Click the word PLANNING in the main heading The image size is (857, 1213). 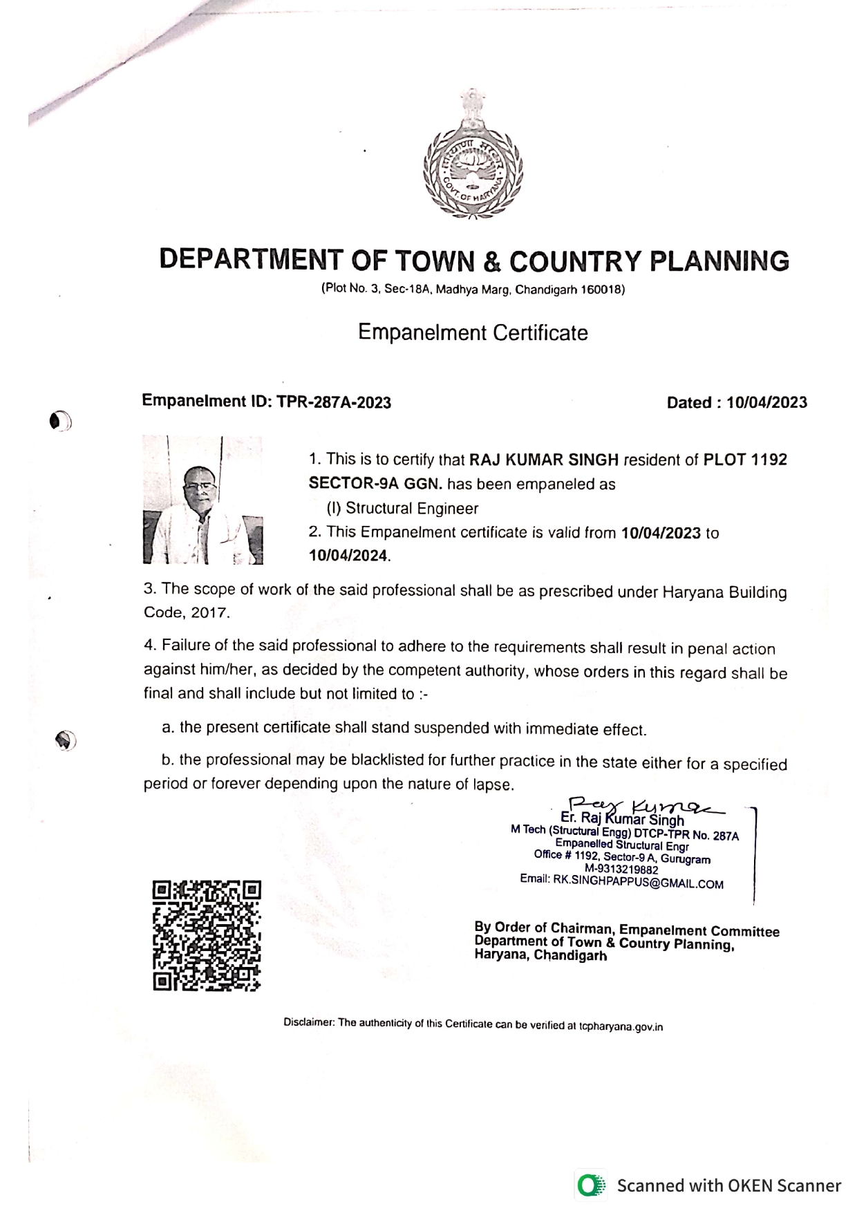[x=719, y=261]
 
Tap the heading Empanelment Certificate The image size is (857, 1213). [x=473, y=333]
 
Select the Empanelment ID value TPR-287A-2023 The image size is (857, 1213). [x=334, y=402]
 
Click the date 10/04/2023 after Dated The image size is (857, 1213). [x=766, y=403]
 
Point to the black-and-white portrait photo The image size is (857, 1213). [x=202, y=500]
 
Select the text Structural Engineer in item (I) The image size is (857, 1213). [x=412, y=509]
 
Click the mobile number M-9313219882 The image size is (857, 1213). [x=621, y=870]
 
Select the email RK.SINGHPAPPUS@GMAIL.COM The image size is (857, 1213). [x=638, y=883]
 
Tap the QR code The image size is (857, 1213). [x=207, y=935]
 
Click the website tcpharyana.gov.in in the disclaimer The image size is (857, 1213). [x=621, y=1026]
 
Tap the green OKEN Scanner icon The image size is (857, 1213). [x=589, y=1185]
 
